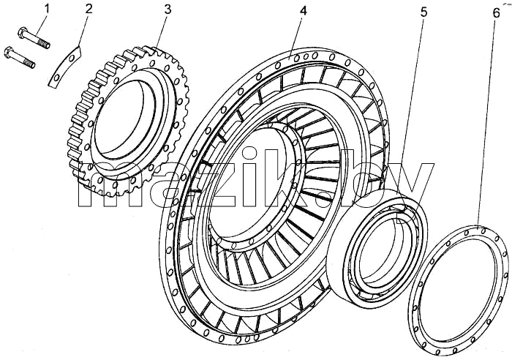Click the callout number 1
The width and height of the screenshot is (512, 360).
point(47,9)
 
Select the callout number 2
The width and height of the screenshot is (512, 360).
point(89,9)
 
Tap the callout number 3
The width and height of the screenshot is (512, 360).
point(167,10)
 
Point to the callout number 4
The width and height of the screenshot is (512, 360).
point(303,11)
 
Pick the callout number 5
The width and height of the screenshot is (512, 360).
point(423,12)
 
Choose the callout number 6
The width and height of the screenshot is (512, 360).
point(496,13)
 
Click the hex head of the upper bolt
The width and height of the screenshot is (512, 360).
point(22,33)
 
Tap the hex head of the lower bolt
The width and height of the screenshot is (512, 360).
point(9,52)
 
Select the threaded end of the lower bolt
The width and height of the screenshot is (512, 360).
point(29,63)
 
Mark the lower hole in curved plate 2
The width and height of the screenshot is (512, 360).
point(57,78)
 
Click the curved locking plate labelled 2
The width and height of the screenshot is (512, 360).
point(64,67)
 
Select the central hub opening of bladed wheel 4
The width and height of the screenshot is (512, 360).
point(249,181)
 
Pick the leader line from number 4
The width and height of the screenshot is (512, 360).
point(295,37)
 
